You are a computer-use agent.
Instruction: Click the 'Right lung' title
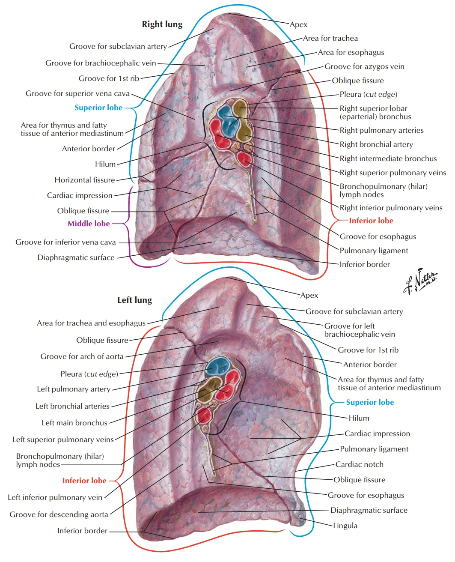point(162,24)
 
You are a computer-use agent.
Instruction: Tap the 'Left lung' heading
point(134,300)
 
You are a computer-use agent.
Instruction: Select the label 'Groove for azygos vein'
point(364,66)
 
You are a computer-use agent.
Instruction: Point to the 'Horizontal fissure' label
point(85,180)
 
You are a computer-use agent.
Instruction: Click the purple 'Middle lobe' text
point(89,224)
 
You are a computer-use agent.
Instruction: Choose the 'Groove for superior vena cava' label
point(77,93)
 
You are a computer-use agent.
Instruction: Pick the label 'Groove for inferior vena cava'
point(65,242)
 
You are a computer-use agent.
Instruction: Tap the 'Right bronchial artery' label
point(376,144)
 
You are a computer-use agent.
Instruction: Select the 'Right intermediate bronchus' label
point(388,158)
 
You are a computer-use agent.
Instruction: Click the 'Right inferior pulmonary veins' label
point(391,208)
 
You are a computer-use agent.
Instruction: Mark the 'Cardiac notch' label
point(360,464)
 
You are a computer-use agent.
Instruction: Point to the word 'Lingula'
point(345,526)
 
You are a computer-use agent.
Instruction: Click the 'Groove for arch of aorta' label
point(82,356)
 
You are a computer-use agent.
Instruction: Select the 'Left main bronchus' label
point(74,423)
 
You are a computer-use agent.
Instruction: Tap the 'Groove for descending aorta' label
point(59,514)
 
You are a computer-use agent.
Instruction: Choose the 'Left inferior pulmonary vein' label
point(55,497)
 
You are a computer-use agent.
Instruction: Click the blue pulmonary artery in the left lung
point(218,368)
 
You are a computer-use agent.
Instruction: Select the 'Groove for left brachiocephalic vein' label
point(360,330)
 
